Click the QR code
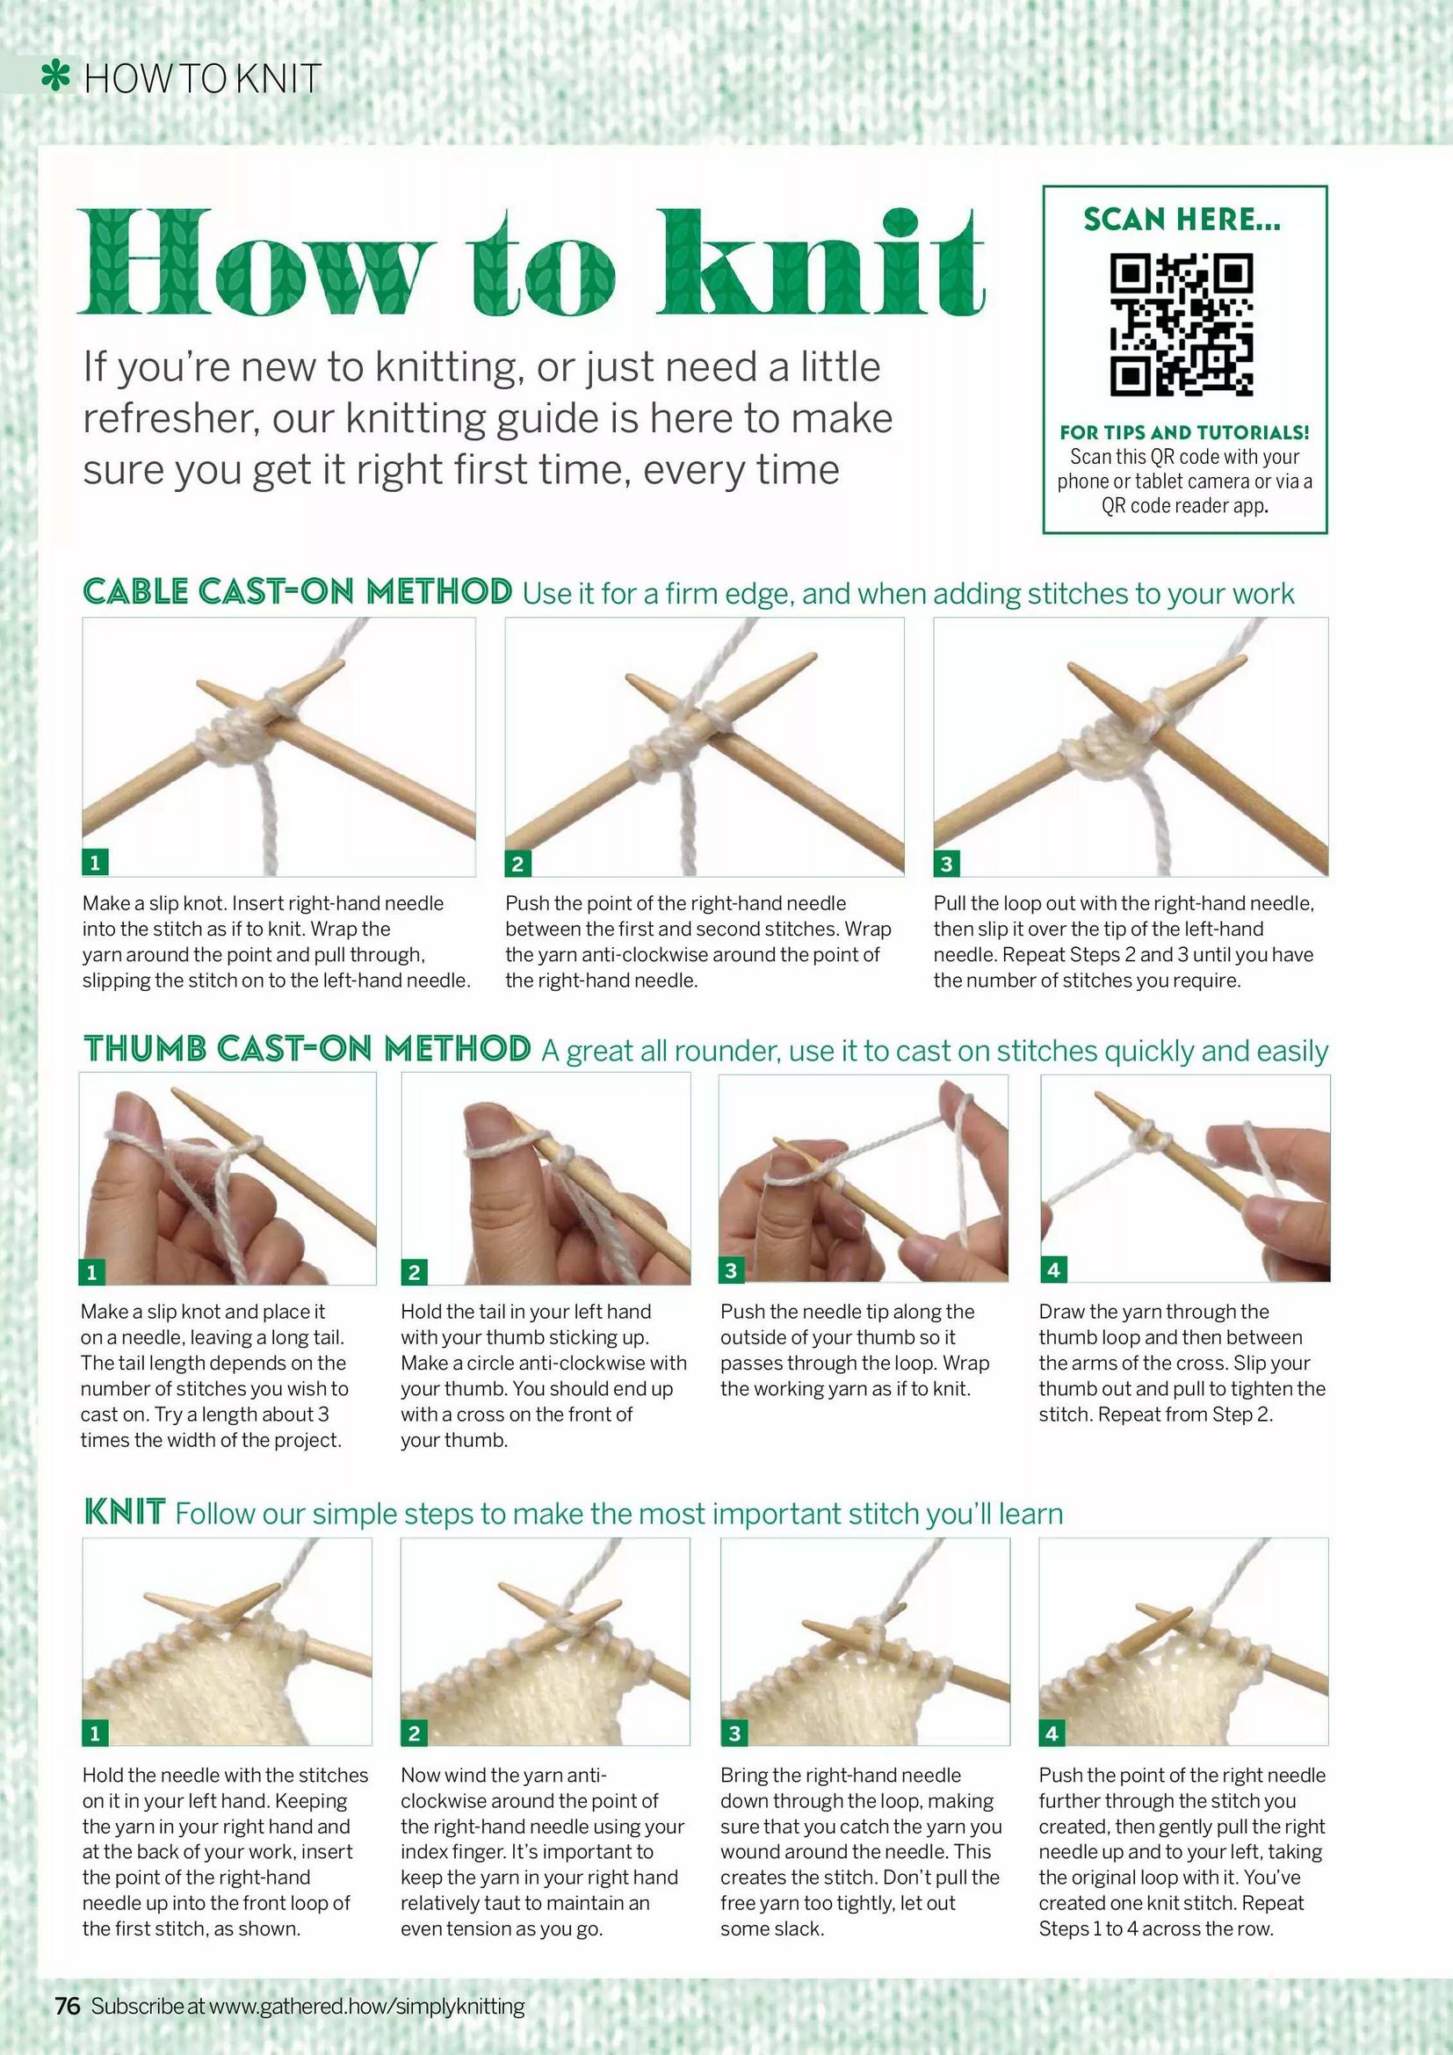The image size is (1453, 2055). point(1182,325)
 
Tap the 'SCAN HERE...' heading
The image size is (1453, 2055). point(1182,219)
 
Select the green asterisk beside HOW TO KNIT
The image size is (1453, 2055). point(56,78)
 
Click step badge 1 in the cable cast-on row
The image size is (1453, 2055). point(94,863)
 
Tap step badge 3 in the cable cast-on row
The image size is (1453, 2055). point(946,863)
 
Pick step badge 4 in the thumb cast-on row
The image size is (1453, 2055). point(1053,1270)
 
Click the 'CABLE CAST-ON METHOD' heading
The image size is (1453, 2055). point(297,591)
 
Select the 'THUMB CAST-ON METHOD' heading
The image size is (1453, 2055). point(306,1048)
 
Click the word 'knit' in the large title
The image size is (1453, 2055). point(821,261)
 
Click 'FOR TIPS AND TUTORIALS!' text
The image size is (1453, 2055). point(1183,432)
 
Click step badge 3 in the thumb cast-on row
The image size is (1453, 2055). point(731,1270)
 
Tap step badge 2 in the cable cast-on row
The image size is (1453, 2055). point(517,863)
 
